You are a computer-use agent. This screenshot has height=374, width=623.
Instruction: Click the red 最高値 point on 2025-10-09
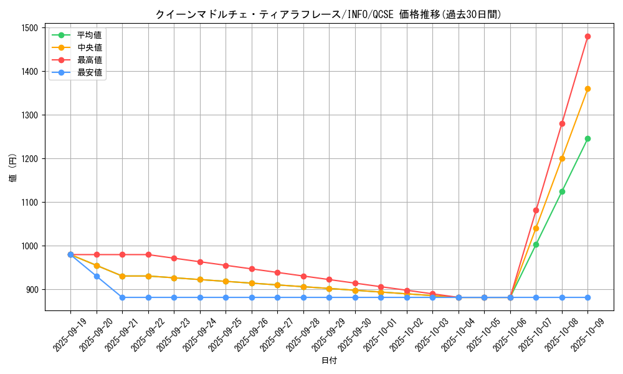[587, 36]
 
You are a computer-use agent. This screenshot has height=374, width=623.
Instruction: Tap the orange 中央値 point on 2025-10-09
[587, 89]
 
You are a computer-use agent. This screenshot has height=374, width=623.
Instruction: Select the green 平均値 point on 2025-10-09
[587, 138]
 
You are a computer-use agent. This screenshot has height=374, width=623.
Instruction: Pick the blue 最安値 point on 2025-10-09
[587, 297]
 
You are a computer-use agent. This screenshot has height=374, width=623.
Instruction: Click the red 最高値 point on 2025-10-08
[562, 123]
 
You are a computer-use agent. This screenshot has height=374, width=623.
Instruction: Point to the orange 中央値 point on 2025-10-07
[536, 228]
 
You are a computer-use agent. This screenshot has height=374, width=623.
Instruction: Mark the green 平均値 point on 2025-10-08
[562, 191]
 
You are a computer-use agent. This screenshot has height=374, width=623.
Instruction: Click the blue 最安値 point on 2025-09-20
[97, 276]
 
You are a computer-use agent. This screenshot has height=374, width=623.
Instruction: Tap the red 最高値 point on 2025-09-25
[226, 266]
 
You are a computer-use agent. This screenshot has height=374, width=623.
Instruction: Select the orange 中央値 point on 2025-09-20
[97, 266]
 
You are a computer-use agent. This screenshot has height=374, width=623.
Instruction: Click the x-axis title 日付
[329, 361]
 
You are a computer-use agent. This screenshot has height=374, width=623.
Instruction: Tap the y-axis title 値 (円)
[12, 168]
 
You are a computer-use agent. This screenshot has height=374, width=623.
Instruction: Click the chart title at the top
[329, 14]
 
